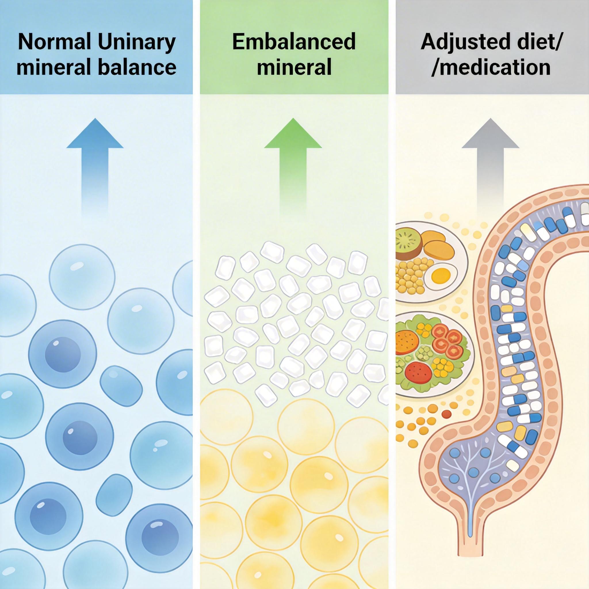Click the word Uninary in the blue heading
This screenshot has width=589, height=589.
tap(137, 42)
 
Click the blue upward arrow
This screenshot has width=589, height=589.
tap(95, 158)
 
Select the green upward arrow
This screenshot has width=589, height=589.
tap(293, 158)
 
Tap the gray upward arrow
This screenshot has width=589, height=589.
tap(490, 158)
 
